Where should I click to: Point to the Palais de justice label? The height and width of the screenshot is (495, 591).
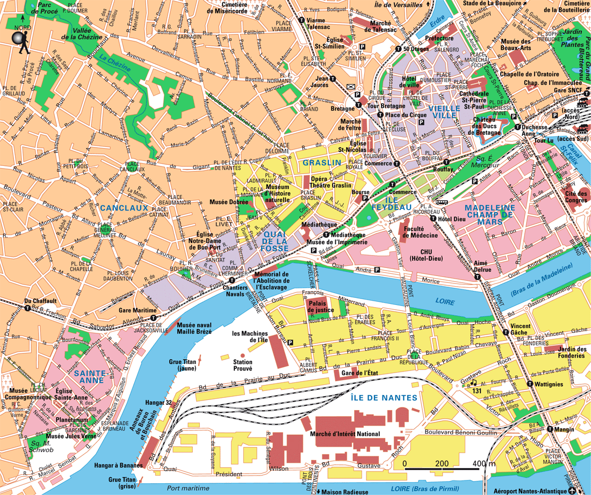320,306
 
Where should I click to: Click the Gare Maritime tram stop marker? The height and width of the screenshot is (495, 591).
154,317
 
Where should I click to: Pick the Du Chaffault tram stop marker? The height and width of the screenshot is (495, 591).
27,308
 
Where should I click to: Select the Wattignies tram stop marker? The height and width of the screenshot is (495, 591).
530,384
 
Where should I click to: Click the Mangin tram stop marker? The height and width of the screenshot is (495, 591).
550,429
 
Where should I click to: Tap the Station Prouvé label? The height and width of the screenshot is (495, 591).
242,366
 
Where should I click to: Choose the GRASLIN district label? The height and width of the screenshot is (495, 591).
322,163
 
